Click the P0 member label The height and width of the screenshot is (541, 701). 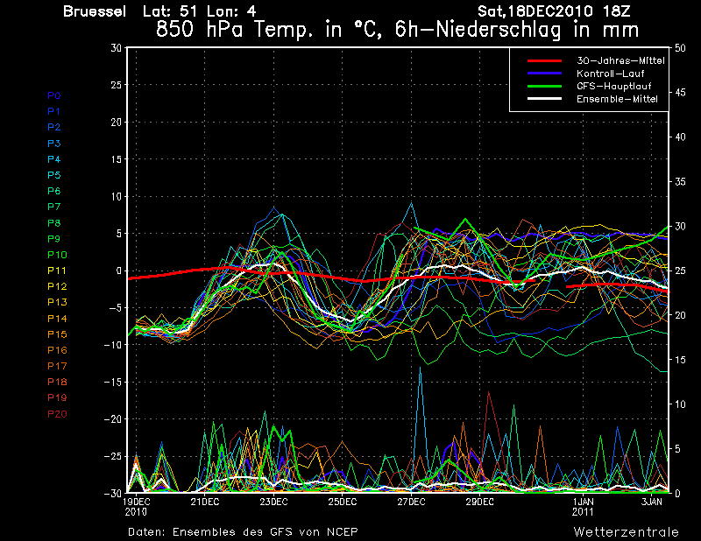tap(54, 95)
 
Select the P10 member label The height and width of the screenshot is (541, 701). tap(57, 255)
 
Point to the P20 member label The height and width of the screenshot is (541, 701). tap(57, 414)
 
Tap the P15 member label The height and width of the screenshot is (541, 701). tap(57, 334)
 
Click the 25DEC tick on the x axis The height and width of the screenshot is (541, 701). tap(342, 502)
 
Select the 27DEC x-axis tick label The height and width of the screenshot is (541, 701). tap(411, 502)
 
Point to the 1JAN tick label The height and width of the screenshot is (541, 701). tap(583, 502)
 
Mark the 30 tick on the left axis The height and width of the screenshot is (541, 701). tap(116, 48)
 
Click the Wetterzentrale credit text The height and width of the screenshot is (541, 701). tap(626, 531)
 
